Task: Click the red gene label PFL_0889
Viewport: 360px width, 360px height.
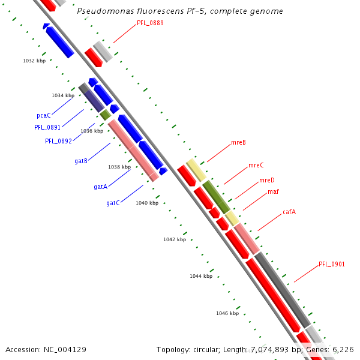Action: (x=150, y=23)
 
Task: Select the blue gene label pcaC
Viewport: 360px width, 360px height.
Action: (x=43, y=115)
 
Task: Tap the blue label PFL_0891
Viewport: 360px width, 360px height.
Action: (x=47, y=127)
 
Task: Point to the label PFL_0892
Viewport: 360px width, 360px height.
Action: (x=58, y=141)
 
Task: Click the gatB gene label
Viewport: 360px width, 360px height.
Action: (x=81, y=161)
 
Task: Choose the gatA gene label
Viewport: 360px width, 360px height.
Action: (x=100, y=187)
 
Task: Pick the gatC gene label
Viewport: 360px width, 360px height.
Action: (x=113, y=203)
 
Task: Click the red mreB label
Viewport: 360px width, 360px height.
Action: (x=238, y=143)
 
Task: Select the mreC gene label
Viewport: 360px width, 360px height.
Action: (x=256, y=165)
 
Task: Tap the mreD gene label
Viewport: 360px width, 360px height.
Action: (x=267, y=180)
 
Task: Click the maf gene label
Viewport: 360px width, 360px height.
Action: (x=273, y=192)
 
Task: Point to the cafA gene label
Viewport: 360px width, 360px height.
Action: (x=289, y=212)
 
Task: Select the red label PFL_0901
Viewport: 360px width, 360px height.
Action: (x=332, y=264)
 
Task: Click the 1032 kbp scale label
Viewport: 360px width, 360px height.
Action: (x=34, y=61)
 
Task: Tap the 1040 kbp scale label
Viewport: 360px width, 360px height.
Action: (x=147, y=203)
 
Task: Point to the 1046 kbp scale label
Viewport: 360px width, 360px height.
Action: (x=227, y=313)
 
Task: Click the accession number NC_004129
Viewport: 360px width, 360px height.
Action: (x=65, y=349)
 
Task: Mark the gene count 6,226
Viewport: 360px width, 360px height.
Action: (x=342, y=349)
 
